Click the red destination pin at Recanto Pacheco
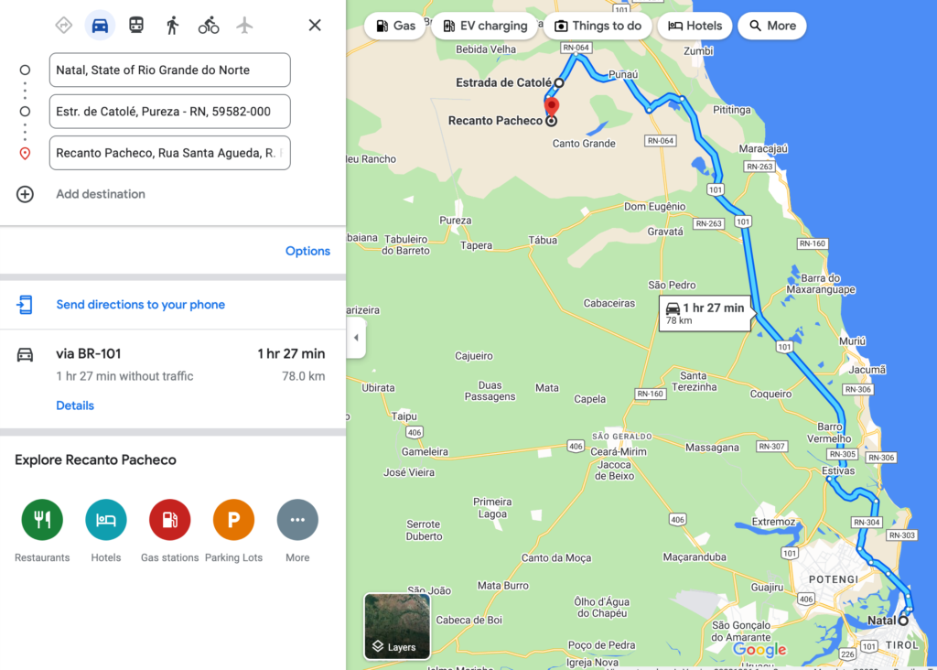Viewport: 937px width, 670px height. [552, 108]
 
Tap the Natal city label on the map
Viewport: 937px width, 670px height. [881, 621]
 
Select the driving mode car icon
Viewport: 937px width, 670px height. [100, 26]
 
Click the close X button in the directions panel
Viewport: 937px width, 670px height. [315, 26]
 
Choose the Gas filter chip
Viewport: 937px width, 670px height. [395, 26]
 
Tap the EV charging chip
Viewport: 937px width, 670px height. [484, 26]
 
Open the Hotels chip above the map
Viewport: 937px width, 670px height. [695, 26]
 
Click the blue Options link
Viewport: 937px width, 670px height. [307, 251]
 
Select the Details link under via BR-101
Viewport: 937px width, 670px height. [75, 405]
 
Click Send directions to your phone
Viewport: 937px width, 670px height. [140, 305]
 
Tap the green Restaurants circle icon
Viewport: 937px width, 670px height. [42, 520]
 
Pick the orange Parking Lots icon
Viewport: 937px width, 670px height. [233, 520]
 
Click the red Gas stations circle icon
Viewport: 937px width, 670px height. [169, 520]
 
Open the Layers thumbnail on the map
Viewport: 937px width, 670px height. [397, 627]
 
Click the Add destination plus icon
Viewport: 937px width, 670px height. [26, 194]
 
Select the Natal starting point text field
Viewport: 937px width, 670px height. [169, 70]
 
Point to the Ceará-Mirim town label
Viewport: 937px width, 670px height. [619, 452]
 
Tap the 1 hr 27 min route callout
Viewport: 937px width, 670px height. [705, 313]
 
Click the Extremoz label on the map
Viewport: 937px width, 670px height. [773, 522]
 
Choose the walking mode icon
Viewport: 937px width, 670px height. [172, 26]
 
